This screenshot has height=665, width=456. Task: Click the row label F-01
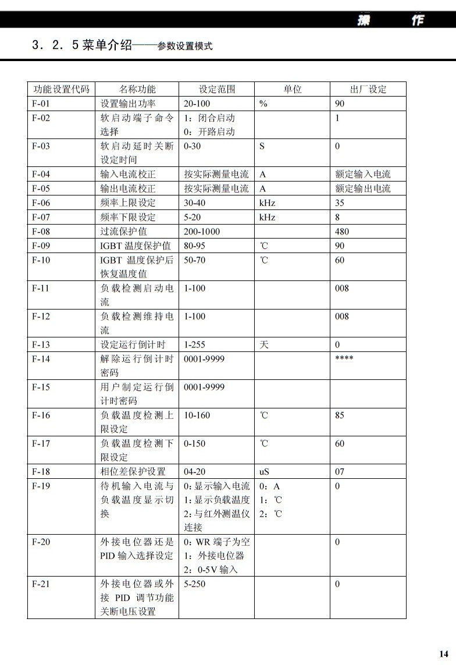click(41, 104)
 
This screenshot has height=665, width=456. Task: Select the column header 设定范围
click(217, 89)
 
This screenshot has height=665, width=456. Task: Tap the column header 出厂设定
click(368, 89)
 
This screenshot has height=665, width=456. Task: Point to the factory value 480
click(343, 232)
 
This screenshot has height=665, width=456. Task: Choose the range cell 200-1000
click(202, 232)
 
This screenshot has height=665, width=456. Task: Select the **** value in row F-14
click(344, 358)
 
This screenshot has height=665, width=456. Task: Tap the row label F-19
click(41, 486)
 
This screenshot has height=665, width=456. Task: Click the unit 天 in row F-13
click(264, 344)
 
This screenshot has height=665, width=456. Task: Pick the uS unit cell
click(265, 471)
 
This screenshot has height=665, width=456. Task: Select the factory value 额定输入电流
click(363, 174)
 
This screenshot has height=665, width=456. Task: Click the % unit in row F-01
click(263, 104)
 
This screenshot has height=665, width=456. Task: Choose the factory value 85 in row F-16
click(340, 415)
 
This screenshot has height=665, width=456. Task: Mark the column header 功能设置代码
click(61, 89)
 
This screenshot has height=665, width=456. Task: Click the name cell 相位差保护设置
click(133, 471)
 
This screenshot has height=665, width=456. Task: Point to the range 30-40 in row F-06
click(194, 203)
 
